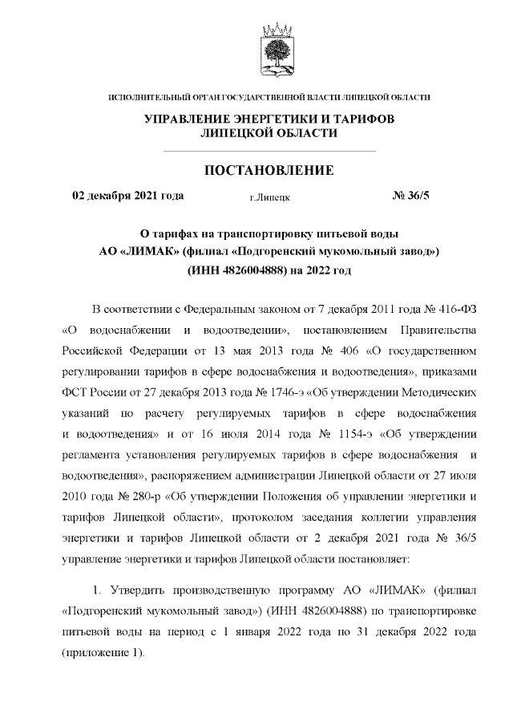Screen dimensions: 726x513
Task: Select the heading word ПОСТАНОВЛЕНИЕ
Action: coord(269,170)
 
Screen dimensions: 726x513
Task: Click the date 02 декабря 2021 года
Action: coord(128,195)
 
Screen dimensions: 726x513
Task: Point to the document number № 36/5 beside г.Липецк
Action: coord(410,195)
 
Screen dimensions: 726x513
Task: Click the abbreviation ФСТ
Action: coord(76,393)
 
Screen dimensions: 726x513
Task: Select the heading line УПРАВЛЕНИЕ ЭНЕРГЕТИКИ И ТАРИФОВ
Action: coord(269,119)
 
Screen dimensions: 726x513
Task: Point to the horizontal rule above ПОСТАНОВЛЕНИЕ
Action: coord(269,151)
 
